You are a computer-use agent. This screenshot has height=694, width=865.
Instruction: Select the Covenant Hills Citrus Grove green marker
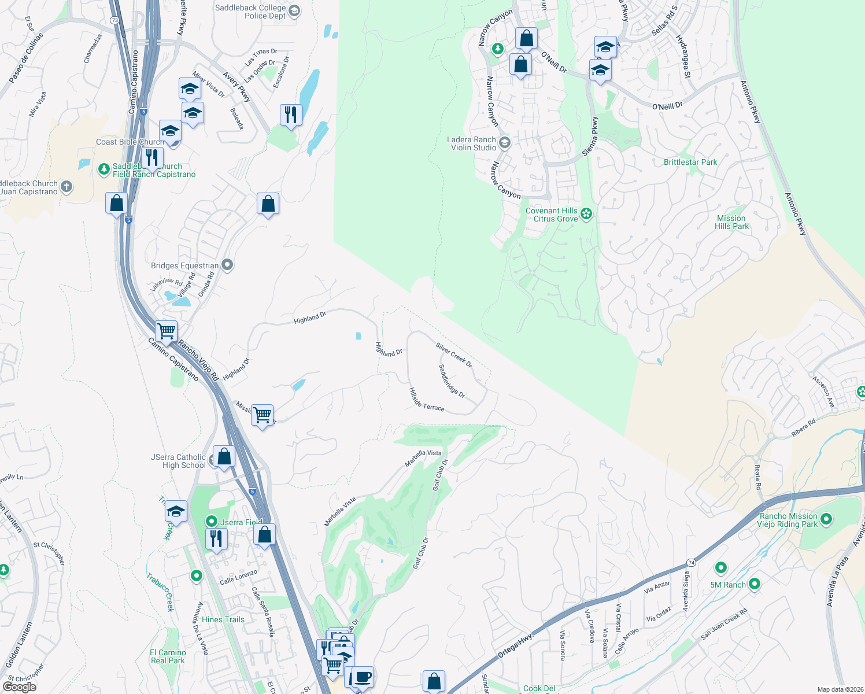(x=586, y=215)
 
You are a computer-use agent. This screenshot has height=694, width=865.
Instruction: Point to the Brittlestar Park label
(x=690, y=162)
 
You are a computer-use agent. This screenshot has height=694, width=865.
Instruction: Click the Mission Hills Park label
(x=731, y=222)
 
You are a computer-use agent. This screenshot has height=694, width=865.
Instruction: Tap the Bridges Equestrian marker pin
(x=227, y=265)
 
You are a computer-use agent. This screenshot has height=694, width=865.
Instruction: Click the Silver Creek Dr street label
(x=454, y=355)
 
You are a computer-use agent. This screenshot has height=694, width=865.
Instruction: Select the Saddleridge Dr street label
(x=452, y=381)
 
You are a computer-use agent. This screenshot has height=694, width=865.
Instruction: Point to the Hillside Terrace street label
(x=427, y=400)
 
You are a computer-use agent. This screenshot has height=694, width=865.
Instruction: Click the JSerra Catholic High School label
(x=178, y=461)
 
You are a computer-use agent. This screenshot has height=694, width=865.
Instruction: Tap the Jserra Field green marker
(x=212, y=522)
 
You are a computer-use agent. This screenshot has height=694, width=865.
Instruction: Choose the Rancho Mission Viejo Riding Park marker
(x=826, y=519)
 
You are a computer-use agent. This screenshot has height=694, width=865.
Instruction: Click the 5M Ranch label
(x=727, y=585)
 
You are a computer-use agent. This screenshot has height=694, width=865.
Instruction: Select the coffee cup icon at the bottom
(x=363, y=677)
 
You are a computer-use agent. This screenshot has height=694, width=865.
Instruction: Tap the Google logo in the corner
(x=19, y=687)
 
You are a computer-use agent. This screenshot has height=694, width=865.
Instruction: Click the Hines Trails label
(x=223, y=619)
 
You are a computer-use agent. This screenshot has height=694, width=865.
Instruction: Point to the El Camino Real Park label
(x=168, y=656)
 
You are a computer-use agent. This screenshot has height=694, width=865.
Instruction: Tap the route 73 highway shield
(x=114, y=20)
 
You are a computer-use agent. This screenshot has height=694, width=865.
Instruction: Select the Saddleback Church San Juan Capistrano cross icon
(x=66, y=186)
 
